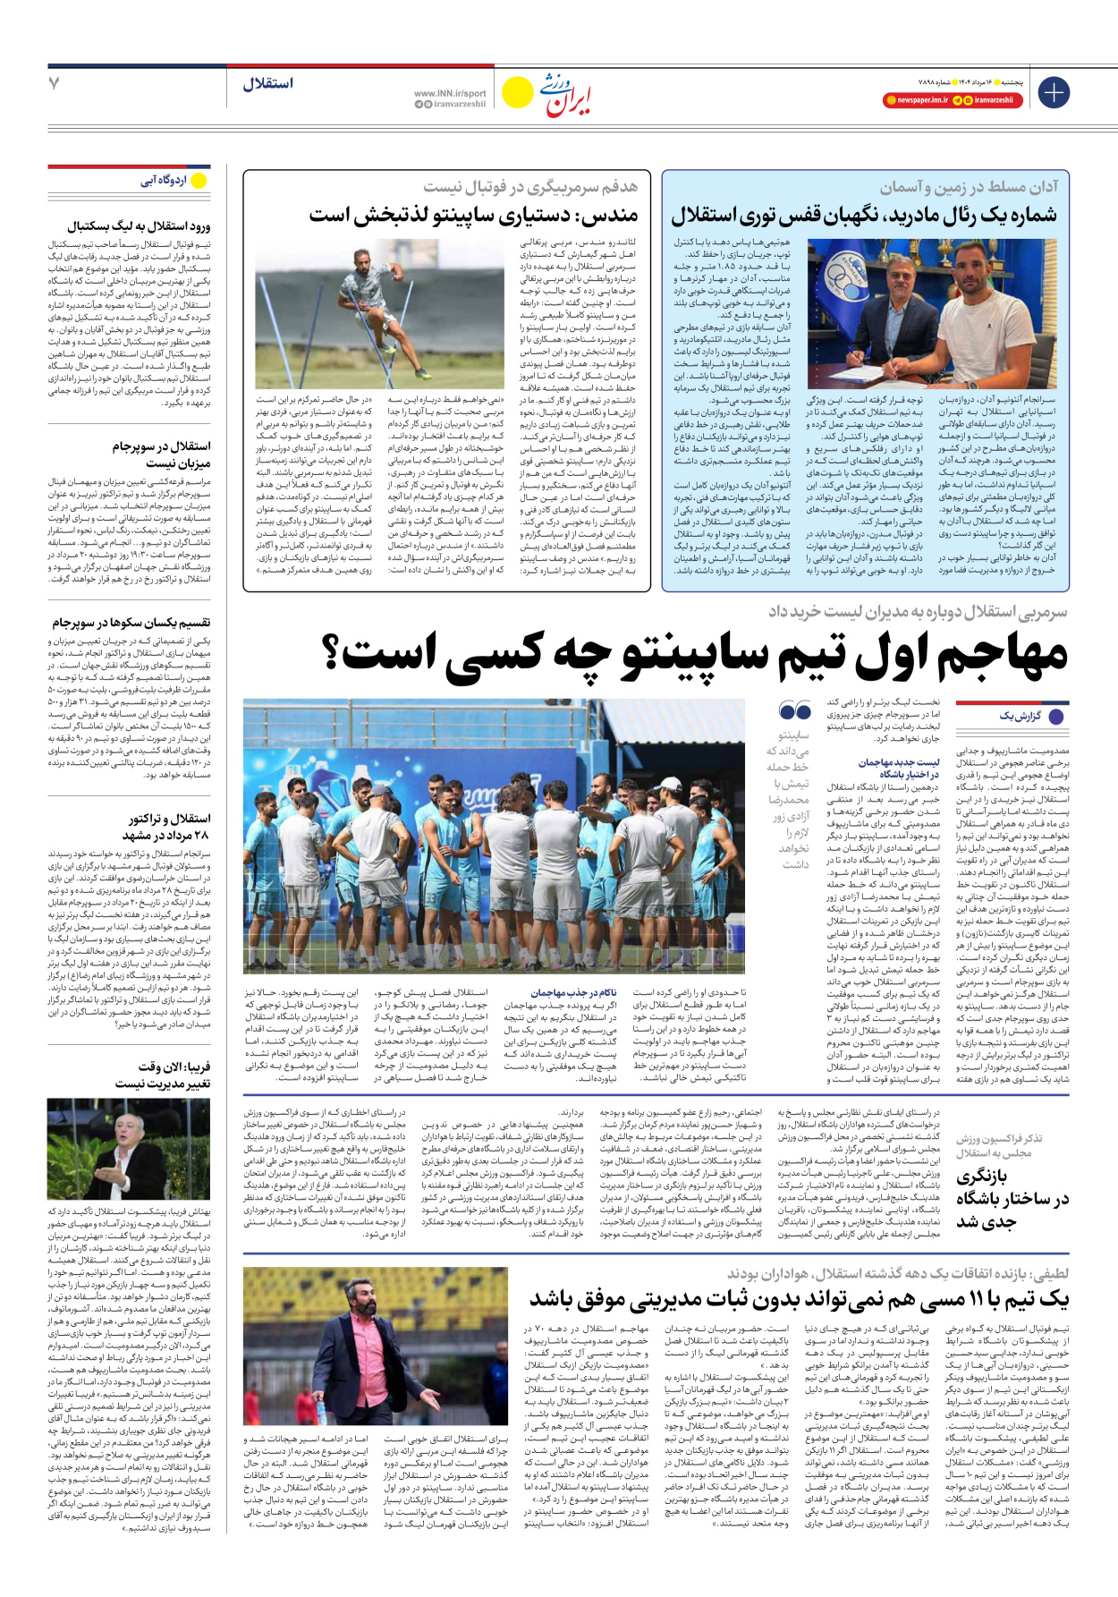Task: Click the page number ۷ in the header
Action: pyautogui.click(x=54, y=83)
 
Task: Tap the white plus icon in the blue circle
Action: pyautogui.click(x=1054, y=92)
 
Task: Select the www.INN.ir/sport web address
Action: pyautogui.click(x=450, y=93)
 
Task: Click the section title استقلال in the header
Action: pyautogui.click(x=267, y=83)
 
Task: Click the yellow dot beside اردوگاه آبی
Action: pyautogui.click(x=199, y=181)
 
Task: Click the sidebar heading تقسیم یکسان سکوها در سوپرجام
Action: pyautogui.click(x=131, y=622)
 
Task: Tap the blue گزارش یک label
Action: pyautogui.click(x=1020, y=716)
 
